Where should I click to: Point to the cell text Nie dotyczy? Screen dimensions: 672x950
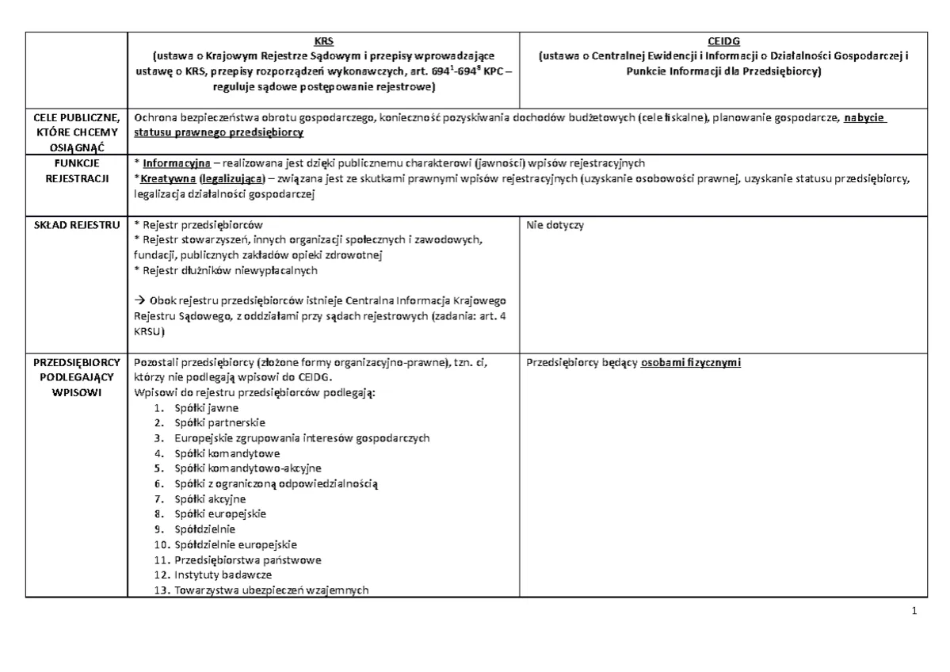tap(555, 225)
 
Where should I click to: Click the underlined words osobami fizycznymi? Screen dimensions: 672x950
tap(691, 363)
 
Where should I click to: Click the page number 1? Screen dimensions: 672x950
tap(914, 611)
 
